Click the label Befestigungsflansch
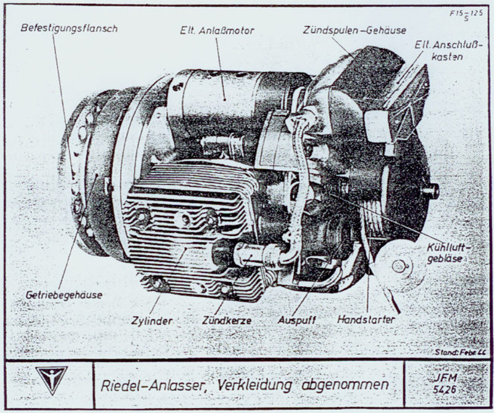pyautogui.click(x=69, y=28)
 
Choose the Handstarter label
pyautogui.click(x=366, y=320)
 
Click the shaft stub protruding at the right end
pyautogui.click(x=430, y=190)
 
